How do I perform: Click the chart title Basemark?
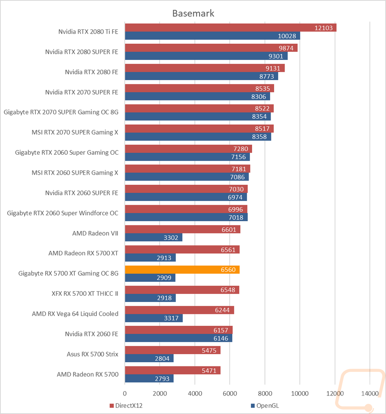pyautogui.click(x=193, y=14)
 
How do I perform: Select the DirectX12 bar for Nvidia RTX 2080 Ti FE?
pyautogui.click(x=230, y=27)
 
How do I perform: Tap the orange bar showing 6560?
pyautogui.click(x=182, y=269)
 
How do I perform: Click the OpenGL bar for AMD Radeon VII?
pyautogui.click(x=153, y=237)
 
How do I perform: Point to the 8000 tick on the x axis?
pyautogui.click(x=265, y=394)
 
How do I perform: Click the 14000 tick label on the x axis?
pyautogui.click(x=369, y=394)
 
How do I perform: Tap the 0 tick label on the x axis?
pyautogui.click(x=125, y=394)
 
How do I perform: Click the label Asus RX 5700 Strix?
pyautogui.click(x=93, y=354)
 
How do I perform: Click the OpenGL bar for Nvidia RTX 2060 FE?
pyautogui.click(x=178, y=338)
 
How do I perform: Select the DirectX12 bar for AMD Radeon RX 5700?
pyautogui.click(x=173, y=370)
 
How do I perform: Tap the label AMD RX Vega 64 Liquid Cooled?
pyautogui.click(x=75, y=313)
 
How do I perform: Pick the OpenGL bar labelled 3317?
pyautogui.click(x=154, y=318)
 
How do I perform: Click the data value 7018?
pyautogui.click(x=236, y=217)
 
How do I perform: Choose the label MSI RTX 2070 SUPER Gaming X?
pyautogui.click(x=75, y=132)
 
